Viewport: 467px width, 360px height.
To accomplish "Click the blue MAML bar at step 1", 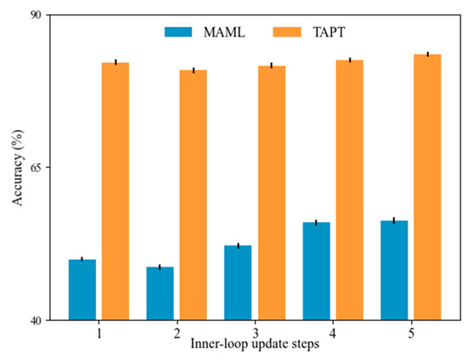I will point(82,290).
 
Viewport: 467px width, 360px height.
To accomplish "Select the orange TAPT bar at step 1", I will point(115,191).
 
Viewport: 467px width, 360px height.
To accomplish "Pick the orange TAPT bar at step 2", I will point(193,195).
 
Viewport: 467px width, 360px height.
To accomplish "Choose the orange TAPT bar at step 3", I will point(272,193).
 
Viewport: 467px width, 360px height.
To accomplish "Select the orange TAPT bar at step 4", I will point(349,190).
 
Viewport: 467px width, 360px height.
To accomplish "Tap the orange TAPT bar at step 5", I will point(427,187).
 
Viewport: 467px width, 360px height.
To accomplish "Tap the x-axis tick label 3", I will point(255,333).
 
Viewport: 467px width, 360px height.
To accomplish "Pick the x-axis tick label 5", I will point(411,333).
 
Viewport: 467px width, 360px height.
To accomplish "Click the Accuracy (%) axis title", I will point(17,167).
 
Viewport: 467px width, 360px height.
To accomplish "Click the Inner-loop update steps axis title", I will point(255,346).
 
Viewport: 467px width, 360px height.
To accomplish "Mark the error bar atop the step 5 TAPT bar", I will point(427,54).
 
